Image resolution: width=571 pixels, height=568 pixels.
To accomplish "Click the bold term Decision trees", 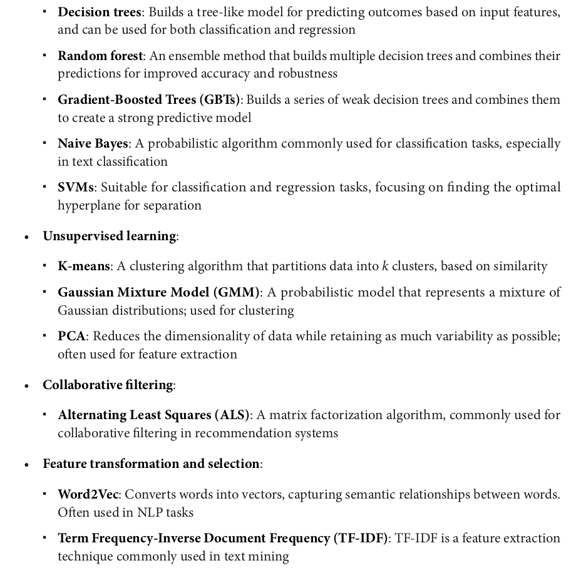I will (100, 12).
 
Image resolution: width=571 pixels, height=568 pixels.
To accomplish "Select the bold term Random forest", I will (100, 56).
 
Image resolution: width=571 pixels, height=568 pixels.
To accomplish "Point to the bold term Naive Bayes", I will (93, 143).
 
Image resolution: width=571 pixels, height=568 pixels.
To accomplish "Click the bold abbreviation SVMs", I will (76, 187).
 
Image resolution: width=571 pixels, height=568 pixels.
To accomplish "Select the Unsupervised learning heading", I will (110, 236).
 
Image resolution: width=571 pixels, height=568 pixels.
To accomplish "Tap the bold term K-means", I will (84, 266).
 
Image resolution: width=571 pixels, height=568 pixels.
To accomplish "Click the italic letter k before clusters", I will (384, 266).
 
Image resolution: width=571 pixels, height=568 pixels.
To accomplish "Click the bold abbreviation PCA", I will (71, 336).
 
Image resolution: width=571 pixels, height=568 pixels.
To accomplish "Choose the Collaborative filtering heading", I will (108, 385).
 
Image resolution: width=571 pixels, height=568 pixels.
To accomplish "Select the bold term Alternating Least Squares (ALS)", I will (154, 415).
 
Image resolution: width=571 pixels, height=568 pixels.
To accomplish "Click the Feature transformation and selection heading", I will (151, 464).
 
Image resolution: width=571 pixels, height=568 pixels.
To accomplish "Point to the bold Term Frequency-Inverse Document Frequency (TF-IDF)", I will (223, 538).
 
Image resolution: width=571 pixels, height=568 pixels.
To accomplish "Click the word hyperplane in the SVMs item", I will (87, 205).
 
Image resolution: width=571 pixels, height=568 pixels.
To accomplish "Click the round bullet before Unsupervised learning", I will (27, 237).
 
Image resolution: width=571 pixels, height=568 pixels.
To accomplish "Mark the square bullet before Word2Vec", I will (45, 494).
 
